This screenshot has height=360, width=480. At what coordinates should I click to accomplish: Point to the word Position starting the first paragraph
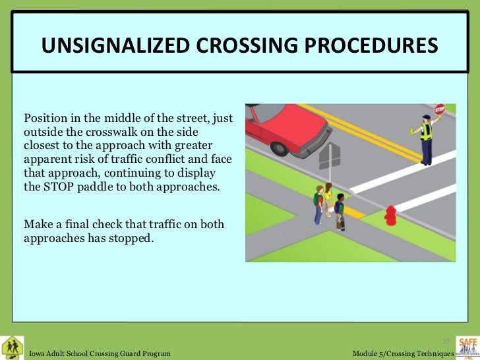[x=45, y=119]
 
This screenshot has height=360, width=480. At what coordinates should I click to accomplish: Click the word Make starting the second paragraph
[x=36, y=225]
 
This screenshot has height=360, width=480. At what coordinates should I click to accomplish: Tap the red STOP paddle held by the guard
[x=440, y=109]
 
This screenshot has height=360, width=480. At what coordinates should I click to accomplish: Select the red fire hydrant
[x=391, y=214]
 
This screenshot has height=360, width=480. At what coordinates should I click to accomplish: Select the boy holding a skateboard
[x=340, y=211]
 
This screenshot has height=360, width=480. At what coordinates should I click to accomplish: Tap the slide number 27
[x=446, y=341]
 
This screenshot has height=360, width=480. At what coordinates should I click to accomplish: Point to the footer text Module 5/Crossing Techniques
[x=404, y=354]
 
